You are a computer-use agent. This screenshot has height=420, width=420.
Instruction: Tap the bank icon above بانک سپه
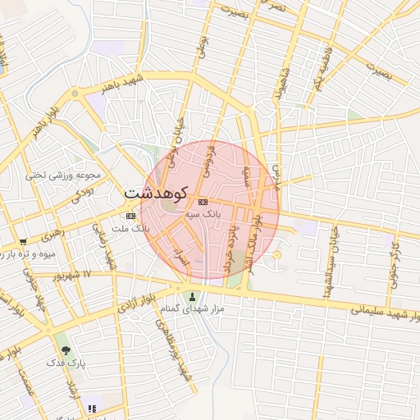pos(203,202)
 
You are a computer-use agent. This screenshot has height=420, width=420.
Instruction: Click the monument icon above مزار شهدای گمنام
pos(193,297)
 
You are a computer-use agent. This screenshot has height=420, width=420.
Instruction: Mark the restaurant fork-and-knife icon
pos(93,408)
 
